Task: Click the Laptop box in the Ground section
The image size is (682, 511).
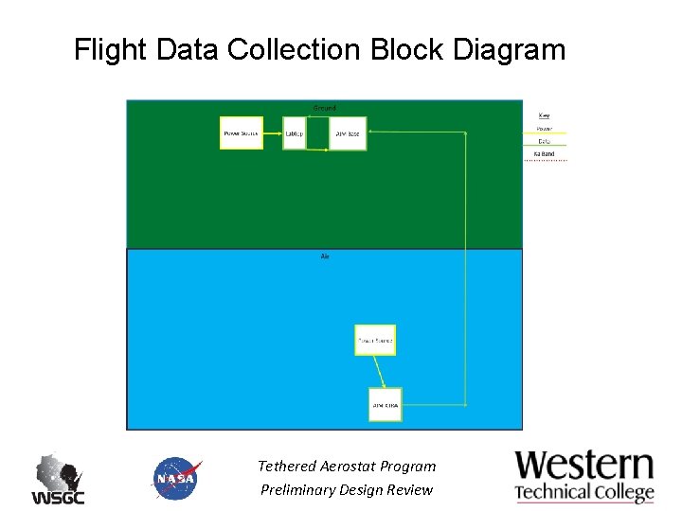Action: pos(295,133)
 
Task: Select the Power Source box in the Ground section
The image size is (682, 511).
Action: pos(242,133)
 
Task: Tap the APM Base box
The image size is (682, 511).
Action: pos(347,133)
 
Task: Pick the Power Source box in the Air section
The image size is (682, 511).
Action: pos(374,340)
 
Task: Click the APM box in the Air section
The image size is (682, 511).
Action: pos(386,405)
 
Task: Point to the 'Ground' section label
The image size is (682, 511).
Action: pos(324,108)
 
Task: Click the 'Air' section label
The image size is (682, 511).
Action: pos(325,256)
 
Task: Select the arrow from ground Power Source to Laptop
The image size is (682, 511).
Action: pos(273,133)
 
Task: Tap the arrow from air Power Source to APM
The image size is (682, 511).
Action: pos(379,372)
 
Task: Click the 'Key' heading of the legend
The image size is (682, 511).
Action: pos(544,115)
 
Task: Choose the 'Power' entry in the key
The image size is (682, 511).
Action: pos(544,129)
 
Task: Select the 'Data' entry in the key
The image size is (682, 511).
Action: pos(544,141)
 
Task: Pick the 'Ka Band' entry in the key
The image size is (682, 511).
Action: pos(544,153)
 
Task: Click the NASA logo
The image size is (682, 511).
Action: pos(176,478)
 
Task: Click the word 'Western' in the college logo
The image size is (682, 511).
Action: pos(584,466)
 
